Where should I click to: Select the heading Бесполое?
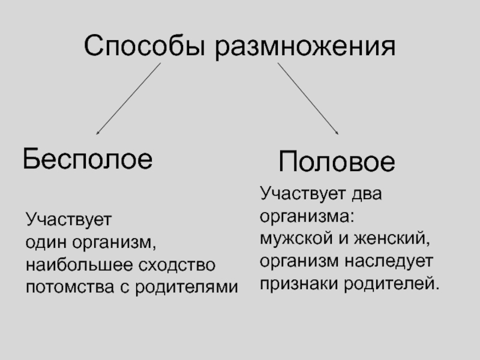coord(88,159)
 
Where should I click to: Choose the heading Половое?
coord(337,163)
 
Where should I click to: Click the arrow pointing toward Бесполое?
coord(128,98)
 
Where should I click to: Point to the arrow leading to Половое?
coord(307,97)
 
